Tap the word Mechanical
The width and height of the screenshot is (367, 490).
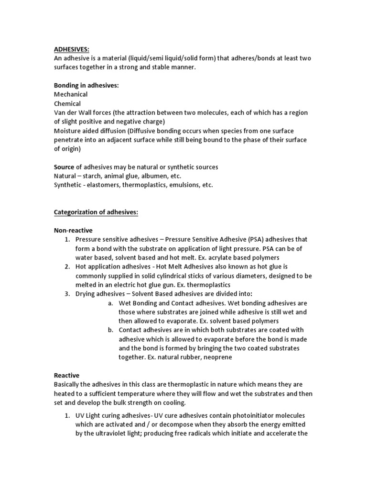tap(71, 94)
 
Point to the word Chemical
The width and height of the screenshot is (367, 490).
tap(67, 103)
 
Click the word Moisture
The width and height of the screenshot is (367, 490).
tap(68, 131)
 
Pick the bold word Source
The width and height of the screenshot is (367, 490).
tap(64, 167)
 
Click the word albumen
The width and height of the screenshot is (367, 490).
tap(147, 176)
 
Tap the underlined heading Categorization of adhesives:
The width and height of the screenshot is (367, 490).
tap(96, 212)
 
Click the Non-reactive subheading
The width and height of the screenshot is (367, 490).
tap(73, 230)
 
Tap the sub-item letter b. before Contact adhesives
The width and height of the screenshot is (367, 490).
tap(110, 330)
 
